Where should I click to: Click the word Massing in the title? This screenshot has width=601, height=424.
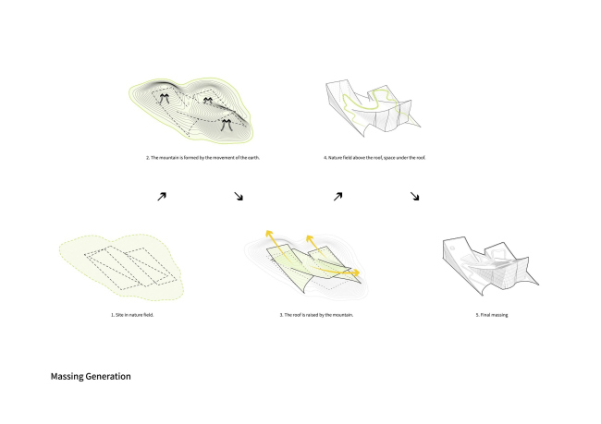tap(67, 377)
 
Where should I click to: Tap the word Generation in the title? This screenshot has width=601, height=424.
tap(108, 377)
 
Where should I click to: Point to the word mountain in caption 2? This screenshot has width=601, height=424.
tap(170, 157)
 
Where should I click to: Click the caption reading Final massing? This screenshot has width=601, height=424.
tap(492, 315)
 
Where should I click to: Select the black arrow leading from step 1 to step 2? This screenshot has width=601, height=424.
tap(162, 197)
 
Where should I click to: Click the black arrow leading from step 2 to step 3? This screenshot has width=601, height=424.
tap(239, 197)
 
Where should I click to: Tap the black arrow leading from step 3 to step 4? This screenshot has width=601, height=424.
tap(337, 197)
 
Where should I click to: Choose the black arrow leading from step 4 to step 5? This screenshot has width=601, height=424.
tap(415, 197)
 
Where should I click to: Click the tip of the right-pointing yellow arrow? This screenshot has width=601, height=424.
tap(360, 273)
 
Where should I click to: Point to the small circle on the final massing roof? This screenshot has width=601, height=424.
tap(453, 248)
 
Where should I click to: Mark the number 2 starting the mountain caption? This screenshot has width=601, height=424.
tap(148, 157)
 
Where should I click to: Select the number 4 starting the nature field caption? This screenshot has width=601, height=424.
tap(325, 157)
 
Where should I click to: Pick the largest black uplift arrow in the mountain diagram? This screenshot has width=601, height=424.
tap(227, 126)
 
